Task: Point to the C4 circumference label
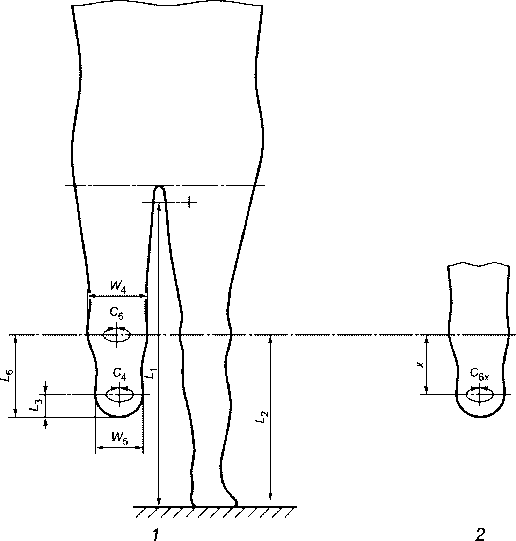(119, 374)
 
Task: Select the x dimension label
(421, 365)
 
